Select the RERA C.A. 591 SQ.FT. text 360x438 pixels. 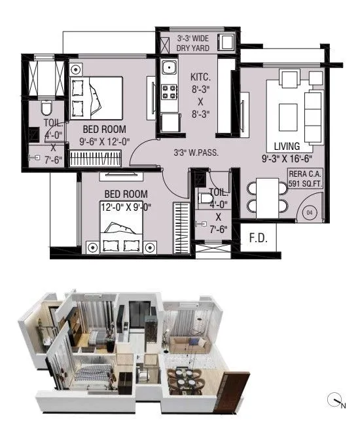[x=305, y=179]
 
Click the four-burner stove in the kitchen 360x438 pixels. [x=168, y=91]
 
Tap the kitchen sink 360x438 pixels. [x=169, y=67]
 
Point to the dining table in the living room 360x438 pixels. [x=266, y=195]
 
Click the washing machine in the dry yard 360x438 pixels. [x=227, y=43]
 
